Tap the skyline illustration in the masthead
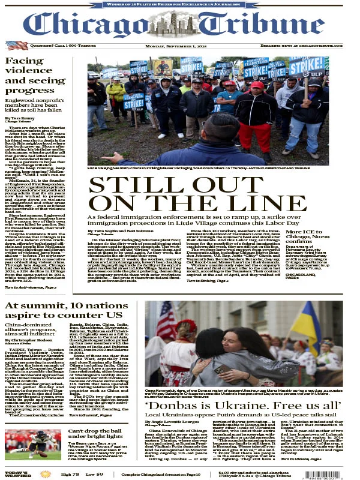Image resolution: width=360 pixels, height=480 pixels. [180, 24]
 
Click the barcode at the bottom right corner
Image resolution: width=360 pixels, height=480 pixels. [339, 472]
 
